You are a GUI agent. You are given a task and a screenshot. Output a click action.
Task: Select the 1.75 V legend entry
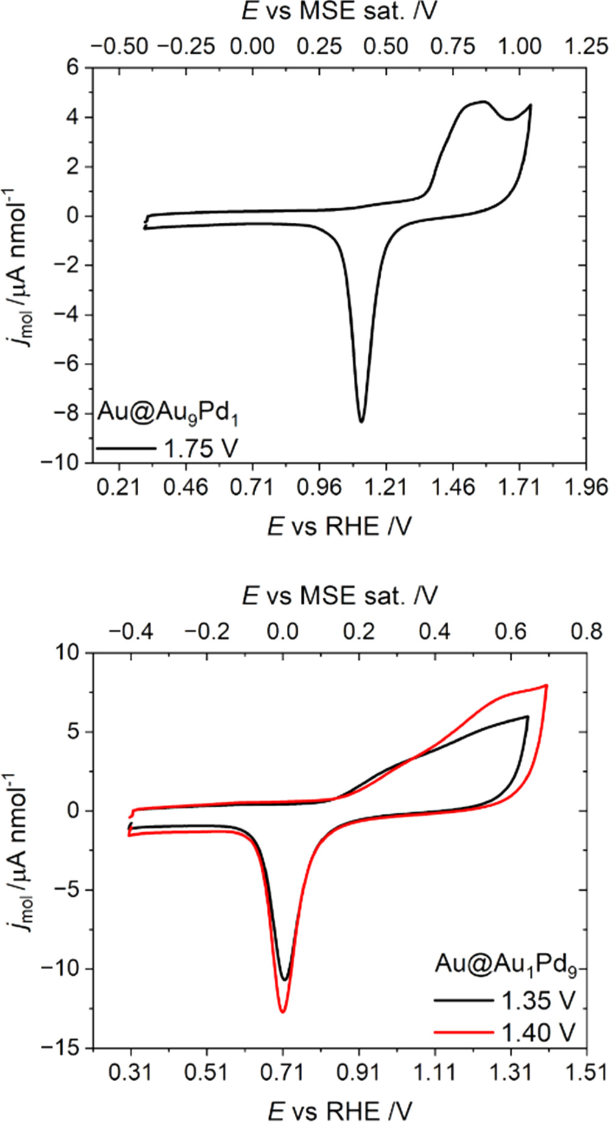tap(166, 449)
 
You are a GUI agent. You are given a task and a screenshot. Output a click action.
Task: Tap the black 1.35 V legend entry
tap(505, 1000)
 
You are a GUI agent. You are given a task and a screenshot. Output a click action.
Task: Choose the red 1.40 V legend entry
tap(505, 1031)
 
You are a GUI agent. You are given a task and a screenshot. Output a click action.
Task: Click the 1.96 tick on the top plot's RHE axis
tap(586, 488)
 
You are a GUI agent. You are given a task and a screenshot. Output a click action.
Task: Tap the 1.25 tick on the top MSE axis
tap(586, 47)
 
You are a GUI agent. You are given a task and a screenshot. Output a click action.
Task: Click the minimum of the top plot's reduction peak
tap(361, 421)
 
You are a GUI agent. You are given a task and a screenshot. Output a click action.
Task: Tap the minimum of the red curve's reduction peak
tap(283, 1012)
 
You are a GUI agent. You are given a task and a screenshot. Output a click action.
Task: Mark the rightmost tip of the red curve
tap(547, 685)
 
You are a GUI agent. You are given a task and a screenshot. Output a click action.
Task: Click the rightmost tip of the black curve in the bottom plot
tap(527, 717)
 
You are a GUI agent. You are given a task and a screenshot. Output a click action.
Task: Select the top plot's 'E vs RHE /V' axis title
tap(339, 526)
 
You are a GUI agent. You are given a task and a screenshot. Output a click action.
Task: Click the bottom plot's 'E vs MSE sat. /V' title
tap(339, 596)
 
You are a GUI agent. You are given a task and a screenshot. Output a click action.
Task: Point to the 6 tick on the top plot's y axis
tap(72, 68)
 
